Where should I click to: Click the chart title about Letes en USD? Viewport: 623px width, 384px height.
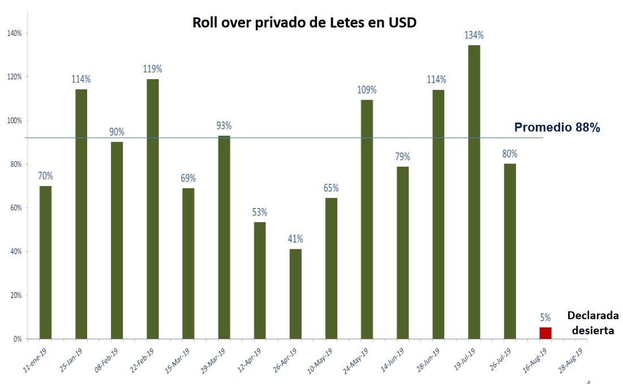[x=304, y=23]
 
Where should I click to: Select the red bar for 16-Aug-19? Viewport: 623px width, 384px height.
[x=545, y=333]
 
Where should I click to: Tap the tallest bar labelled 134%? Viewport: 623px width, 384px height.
[x=474, y=192]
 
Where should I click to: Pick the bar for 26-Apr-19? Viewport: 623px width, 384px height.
[x=295, y=294]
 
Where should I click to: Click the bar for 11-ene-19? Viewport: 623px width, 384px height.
[x=45, y=262]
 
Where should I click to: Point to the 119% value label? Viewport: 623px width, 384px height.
[x=152, y=69]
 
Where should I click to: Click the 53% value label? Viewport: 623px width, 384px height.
[x=260, y=212]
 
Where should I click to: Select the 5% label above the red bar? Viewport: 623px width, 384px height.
[x=545, y=318]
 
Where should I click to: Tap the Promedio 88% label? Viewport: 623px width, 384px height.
[x=557, y=128]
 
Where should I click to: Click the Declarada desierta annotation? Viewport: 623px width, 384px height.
[x=592, y=323]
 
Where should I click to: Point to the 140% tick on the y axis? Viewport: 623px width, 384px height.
[x=14, y=33]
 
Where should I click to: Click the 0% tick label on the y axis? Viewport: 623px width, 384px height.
[x=17, y=339]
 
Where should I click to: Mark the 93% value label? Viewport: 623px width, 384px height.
[x=224, y=126]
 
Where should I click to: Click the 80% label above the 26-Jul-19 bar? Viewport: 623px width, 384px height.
[x=509, y=153]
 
